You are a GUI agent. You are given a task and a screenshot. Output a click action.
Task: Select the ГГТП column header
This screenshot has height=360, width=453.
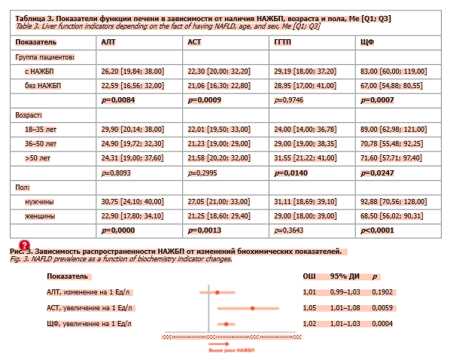(282, 42)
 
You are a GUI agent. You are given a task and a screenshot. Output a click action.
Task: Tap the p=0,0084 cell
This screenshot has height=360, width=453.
(119, 99)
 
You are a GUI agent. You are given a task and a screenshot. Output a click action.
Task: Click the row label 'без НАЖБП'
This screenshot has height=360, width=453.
(44, 85)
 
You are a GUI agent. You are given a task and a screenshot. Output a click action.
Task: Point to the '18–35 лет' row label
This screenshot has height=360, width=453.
(41, 129)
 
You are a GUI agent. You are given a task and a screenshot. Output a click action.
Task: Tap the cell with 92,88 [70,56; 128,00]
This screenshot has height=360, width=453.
(396, 202)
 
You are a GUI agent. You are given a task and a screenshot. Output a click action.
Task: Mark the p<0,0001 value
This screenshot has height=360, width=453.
(379, 230)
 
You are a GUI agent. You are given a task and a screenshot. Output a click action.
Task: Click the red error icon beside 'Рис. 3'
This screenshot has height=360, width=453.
(24, 246)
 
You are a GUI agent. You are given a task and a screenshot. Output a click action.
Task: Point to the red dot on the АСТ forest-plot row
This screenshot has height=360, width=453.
(253, 308)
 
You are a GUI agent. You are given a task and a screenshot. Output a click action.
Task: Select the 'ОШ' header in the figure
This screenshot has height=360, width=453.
(309, 276)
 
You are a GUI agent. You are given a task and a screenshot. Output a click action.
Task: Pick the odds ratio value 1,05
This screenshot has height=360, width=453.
(309, 308)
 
